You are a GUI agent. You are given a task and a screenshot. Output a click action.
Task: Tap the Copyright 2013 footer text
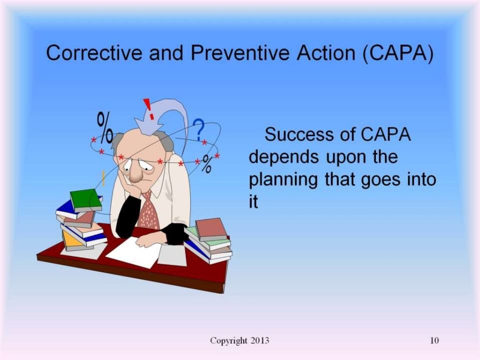click(240, 341)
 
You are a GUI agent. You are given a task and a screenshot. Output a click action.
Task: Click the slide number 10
click(434, 341)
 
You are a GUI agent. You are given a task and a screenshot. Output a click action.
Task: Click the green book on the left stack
click(86, 200)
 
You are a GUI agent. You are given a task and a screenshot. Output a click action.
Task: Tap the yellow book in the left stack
click(70, 239)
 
